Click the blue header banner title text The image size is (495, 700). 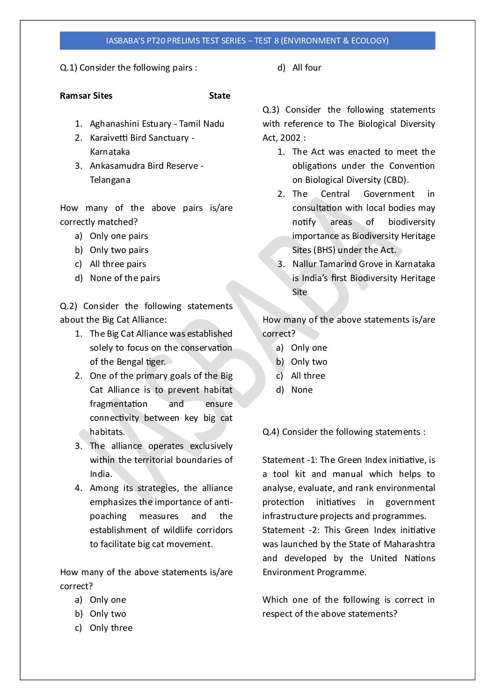coord(247,41)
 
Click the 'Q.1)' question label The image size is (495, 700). coord(68,68)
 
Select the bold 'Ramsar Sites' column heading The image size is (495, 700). coord(86,96)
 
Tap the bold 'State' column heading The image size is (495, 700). coord(219,96)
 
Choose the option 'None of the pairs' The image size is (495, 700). coord(125,278)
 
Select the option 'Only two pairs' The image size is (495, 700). coord(119,250)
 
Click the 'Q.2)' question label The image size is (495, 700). coord(68,306)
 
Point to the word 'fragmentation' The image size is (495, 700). coord(118,404)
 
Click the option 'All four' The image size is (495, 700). coord(306,68)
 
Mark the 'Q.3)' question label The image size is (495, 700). coord(271,110)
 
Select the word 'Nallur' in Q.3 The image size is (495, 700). coord(305,264)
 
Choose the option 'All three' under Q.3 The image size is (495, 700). coord(308,376)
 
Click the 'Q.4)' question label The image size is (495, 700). coord(271,432)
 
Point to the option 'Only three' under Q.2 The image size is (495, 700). coord(111,628)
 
